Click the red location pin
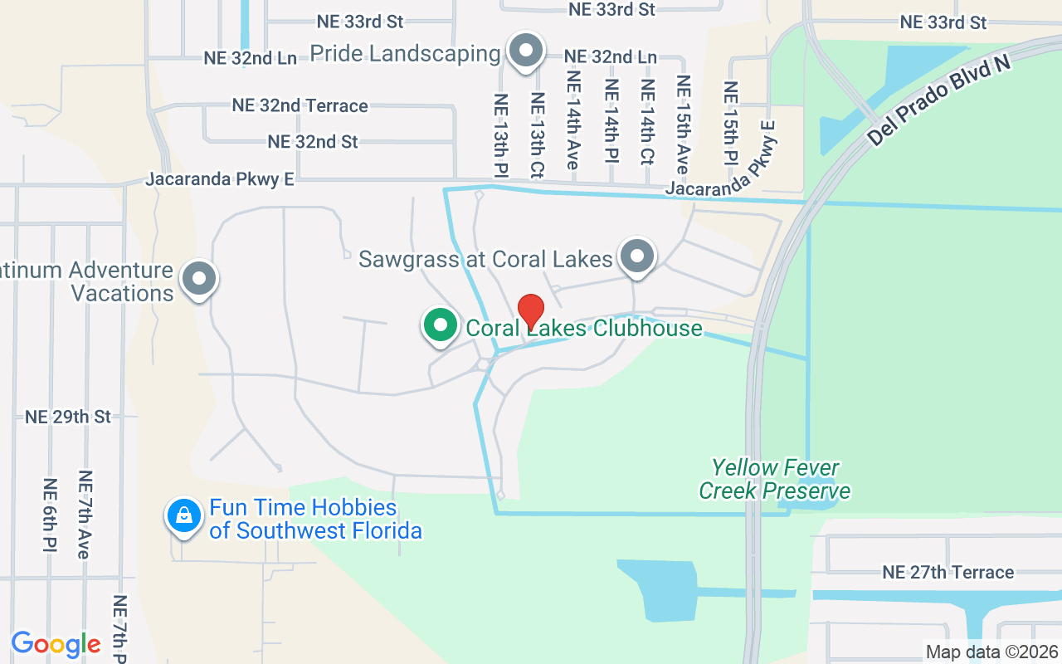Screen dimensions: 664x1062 pos(530,311)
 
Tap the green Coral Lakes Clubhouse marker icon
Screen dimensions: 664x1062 pos(441,325)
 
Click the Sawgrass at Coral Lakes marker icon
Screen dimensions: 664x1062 pos(637,256)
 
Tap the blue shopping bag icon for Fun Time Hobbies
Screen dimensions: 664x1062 pos(183,516)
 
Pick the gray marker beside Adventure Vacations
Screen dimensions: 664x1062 pos(199,279)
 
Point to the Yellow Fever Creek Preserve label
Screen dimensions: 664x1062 pos(774,479)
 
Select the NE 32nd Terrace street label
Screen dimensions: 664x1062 pos(300,105)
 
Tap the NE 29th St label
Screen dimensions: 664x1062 pos(68,417)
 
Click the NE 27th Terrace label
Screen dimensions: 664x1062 pos(948,572)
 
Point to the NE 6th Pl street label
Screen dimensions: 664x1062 pos(49,515)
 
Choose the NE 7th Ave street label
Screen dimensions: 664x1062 pos(85,515)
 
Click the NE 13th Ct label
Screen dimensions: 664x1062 pos(537,134)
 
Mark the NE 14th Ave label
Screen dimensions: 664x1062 pos(572,120)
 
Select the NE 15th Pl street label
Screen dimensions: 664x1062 pos(730,123)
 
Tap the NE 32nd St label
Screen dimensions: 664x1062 pos(313,142)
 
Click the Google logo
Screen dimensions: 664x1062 pos(56,644)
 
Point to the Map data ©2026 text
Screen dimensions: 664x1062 pos(991,652)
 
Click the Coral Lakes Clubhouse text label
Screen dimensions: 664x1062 pos(584,328)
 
